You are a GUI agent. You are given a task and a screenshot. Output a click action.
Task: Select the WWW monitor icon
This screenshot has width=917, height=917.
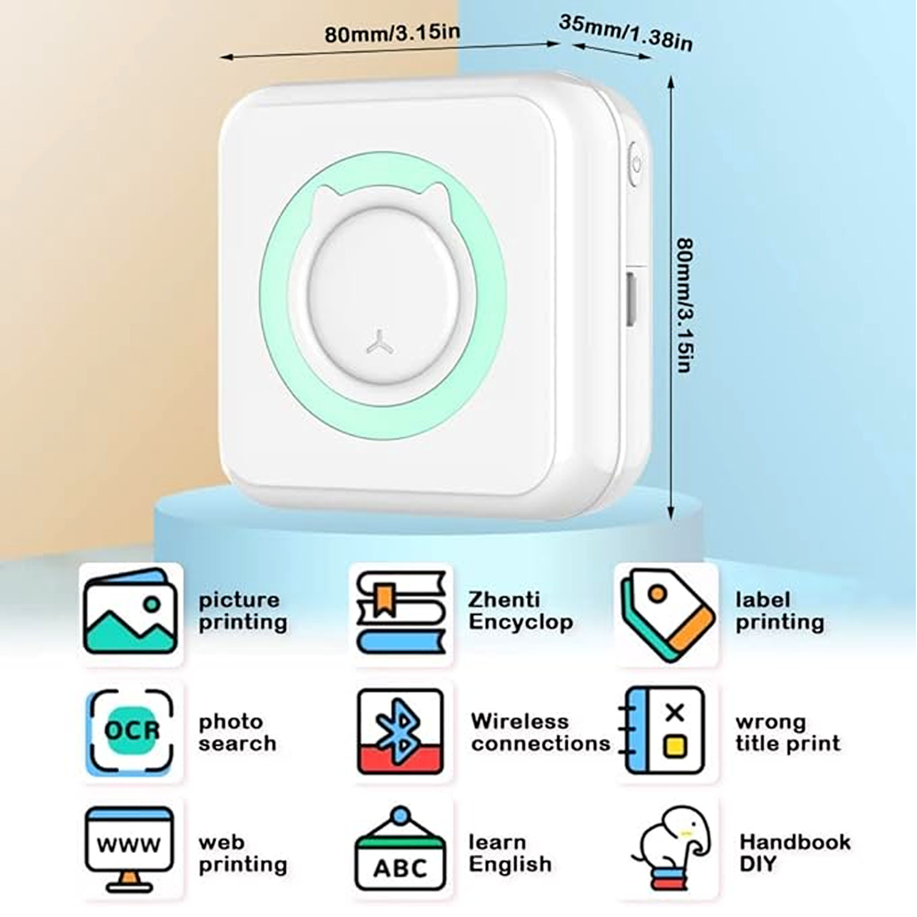(x=129, y=849)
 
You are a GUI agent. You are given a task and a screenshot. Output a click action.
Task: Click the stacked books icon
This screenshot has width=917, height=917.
(x=401, y=612)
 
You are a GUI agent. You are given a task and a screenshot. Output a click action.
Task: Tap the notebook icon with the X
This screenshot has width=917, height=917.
(x=662, y=731)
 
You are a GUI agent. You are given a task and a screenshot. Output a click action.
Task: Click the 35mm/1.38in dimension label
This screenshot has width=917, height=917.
(x=625, y=32)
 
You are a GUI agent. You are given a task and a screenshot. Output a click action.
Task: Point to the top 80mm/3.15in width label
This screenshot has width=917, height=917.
(x=392, y=33)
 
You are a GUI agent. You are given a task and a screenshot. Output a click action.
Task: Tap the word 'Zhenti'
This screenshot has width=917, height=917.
(x=504, y=599)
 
